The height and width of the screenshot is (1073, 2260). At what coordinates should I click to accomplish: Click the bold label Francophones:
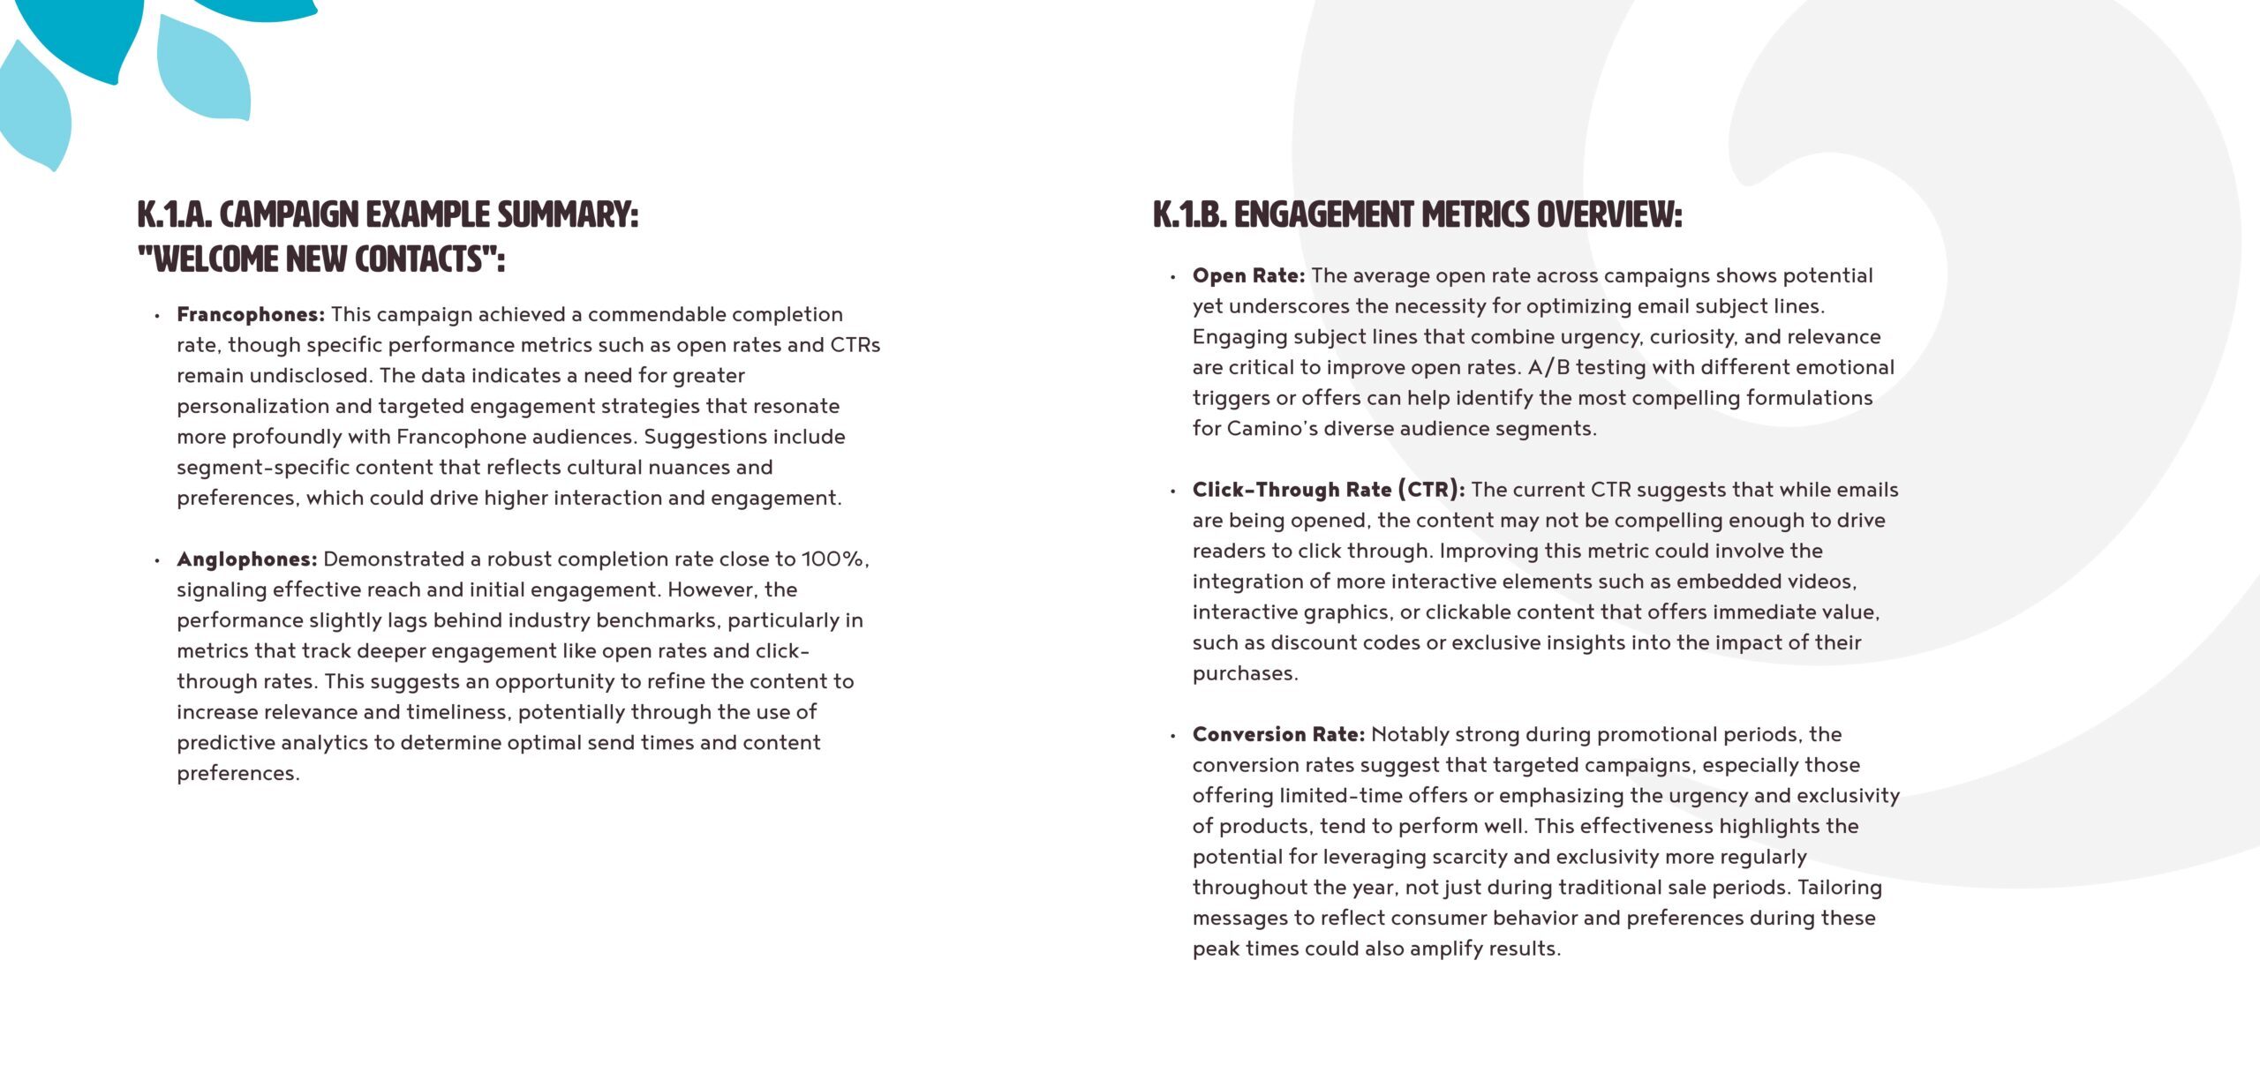pyautogui.click(x=251, y=315)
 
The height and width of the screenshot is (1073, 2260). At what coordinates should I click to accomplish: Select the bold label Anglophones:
pyautogui.click(x=246, y=559)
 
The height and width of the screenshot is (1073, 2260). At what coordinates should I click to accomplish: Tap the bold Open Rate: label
pyautogui.click(x=1248, y=276)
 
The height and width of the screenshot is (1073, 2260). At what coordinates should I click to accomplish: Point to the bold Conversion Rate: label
pyautogui.click(x=1278, y=735)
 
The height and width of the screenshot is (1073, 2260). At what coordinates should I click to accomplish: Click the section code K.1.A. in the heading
pyautogui.click(x=175, y=215)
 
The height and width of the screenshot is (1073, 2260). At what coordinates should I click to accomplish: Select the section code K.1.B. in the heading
pyautogui.click(x=1190, y=215)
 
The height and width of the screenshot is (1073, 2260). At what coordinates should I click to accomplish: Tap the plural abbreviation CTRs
pyautogui.click(x=855, y=345)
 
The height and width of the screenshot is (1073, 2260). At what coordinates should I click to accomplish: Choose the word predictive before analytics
pyautogui.click(x=228, y=743)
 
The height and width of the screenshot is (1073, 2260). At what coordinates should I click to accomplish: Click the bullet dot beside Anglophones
pyautogui.click(x=157, y=560)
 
